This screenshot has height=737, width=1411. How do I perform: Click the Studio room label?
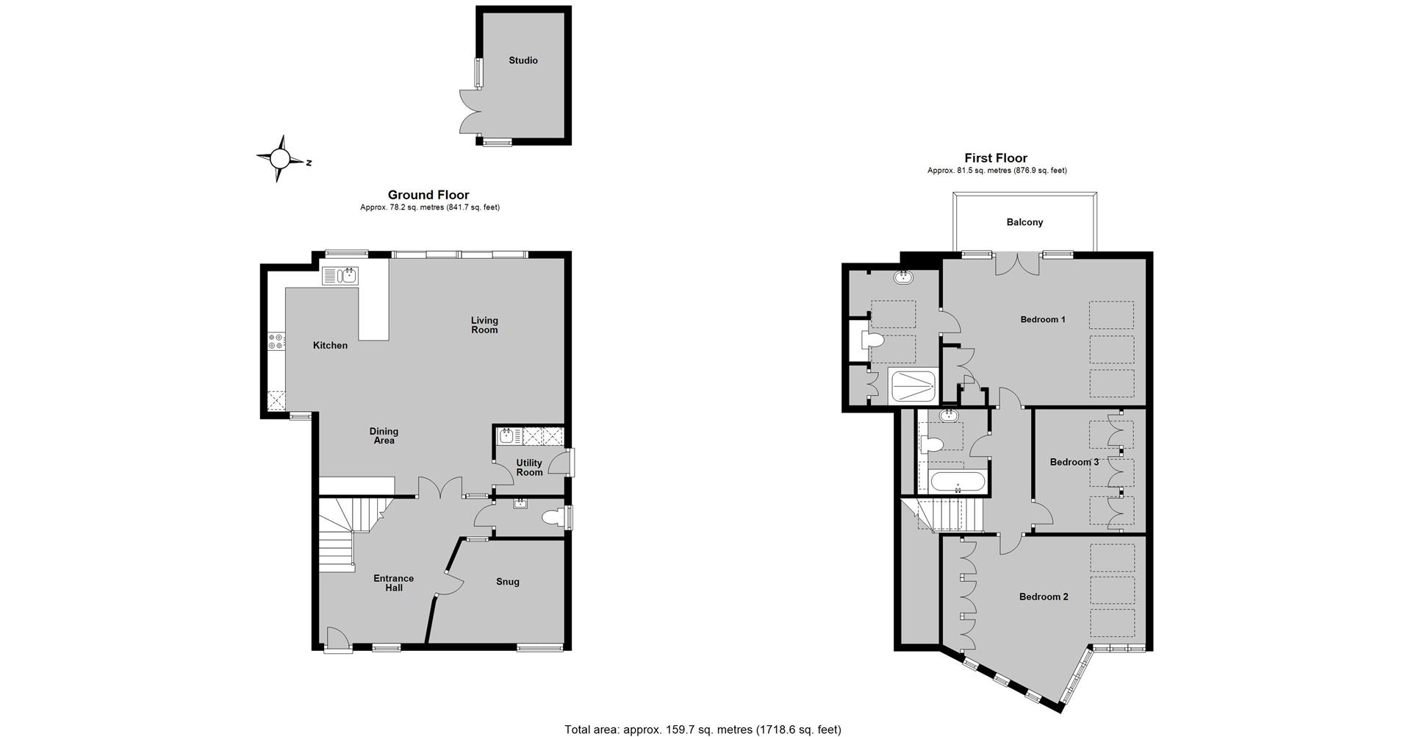523,60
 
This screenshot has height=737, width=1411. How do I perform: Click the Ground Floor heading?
428,195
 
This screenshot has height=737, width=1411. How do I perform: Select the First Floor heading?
996,158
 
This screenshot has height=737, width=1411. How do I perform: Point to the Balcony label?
1024,222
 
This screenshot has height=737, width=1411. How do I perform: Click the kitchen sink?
340,276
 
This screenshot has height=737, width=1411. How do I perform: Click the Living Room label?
484,325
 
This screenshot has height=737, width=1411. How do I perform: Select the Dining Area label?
384,436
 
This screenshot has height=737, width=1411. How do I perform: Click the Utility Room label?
529,468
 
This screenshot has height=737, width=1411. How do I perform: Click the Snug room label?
508,582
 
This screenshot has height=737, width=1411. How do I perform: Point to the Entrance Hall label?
393,583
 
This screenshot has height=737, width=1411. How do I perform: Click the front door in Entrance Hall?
338,640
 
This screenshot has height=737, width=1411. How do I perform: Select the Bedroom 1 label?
1043,319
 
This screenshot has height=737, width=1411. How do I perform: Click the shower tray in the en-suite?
913,385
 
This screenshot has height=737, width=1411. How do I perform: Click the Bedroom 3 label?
1074,462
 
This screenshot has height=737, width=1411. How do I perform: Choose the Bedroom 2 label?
1044,597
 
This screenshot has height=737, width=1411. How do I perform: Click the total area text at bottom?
703,730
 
